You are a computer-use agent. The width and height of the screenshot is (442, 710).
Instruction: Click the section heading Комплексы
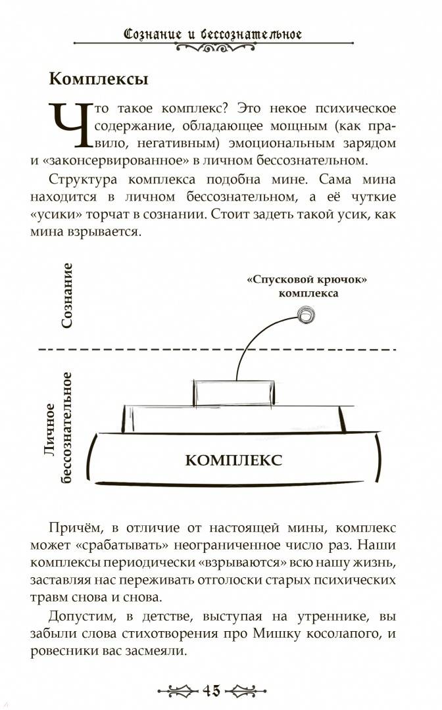pyautogui.click(x=99, y=80)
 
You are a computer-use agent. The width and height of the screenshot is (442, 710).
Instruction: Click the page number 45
pyautogui.click(x=212, y=690)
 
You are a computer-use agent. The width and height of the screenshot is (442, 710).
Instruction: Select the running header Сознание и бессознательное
pyautogui.click(x=212, y=34)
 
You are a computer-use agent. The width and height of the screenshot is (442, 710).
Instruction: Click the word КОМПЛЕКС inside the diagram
pyautogui.click(x=233, y=460)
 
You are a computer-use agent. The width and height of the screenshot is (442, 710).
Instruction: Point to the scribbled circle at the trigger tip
pyautogui.click(x=306, y=314)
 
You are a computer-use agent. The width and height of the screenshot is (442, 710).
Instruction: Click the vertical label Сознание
pyautogui.click(x=67, y=295)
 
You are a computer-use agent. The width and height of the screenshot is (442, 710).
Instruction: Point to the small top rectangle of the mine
pyautogui.click(x=234, y=393)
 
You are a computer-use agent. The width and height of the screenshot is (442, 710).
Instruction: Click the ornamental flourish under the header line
pyautogui.click(x=215, y=47)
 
